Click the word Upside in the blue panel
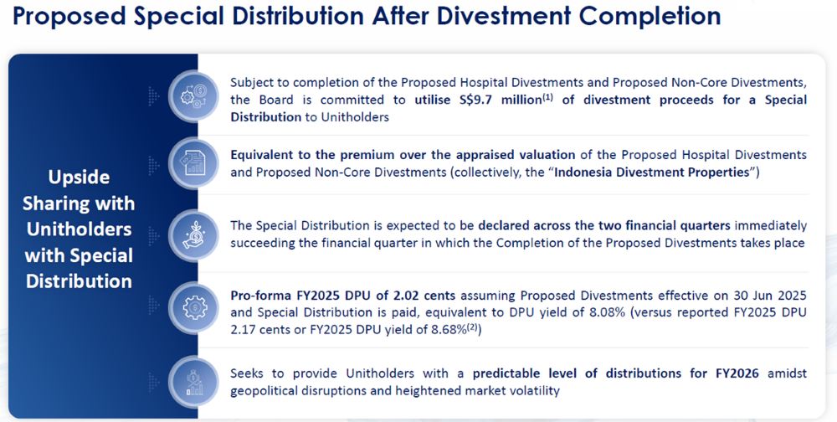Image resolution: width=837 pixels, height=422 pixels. pos(80,178)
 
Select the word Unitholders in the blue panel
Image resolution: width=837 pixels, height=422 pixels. pos(80,229)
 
